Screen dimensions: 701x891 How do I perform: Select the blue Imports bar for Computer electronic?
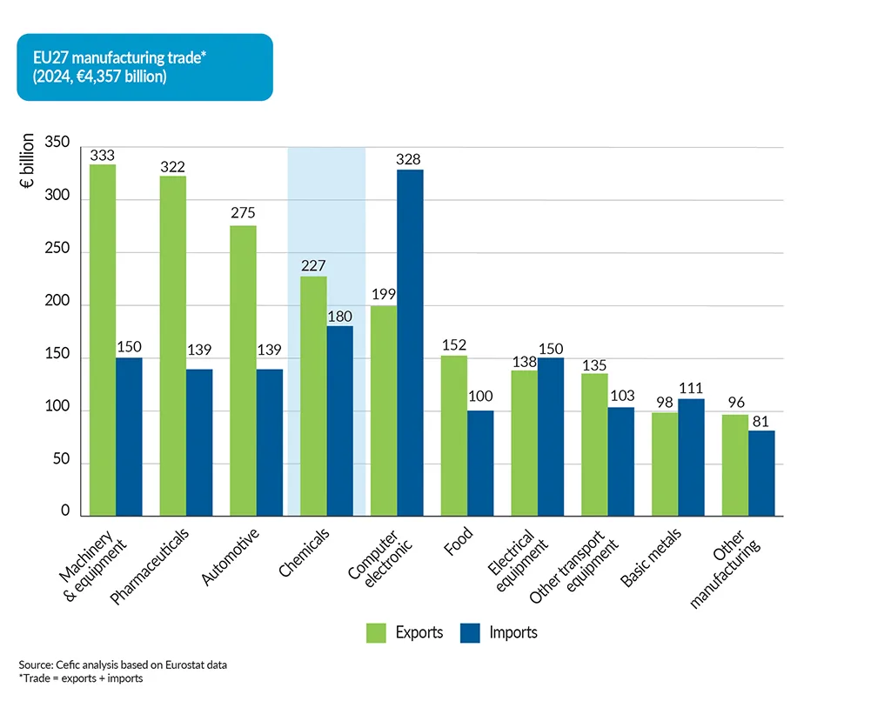point(410,344)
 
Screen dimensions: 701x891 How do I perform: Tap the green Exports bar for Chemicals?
point(313,397)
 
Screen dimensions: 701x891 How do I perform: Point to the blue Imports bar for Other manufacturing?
point(761,474)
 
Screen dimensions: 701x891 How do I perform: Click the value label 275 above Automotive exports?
point(243,213)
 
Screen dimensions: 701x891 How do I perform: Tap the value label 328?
point(409,159)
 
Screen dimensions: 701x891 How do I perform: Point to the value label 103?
point(621,396)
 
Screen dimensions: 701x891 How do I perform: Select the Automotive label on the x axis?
point(230,556)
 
